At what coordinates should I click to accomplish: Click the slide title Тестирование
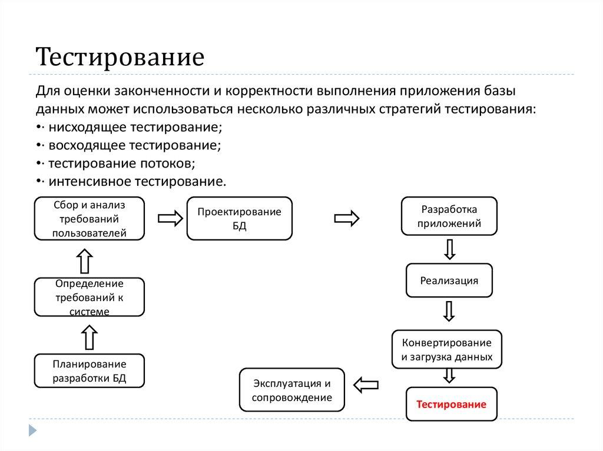pos(121,58)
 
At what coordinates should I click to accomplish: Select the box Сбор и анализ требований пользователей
pos(90,219)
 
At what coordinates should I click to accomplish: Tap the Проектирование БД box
pos(239,219)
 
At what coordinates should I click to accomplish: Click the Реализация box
pos(449,280)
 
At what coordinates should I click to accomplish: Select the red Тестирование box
pos(451,405)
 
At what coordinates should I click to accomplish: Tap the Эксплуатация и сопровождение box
pos(291,390)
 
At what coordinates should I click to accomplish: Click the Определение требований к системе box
pos(90,298)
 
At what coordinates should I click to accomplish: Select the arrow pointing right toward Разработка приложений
pos(347,218)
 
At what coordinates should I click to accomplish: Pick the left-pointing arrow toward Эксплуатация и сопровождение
pos(366,385)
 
